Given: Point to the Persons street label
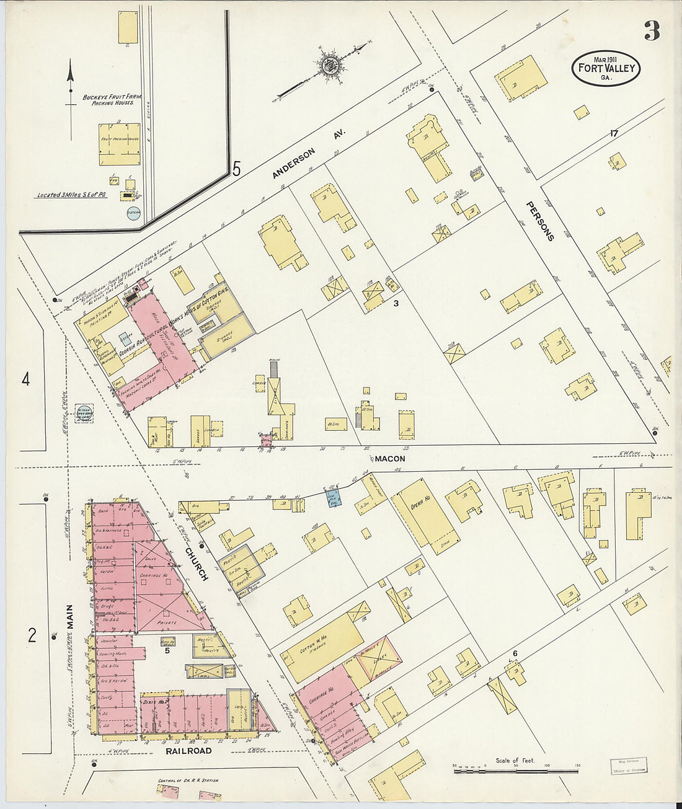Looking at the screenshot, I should pos(538,220).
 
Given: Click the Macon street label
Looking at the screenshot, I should pos(389,459).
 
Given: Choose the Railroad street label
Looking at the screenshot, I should pos(188,751).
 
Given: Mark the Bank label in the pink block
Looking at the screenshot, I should pos(103,511).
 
